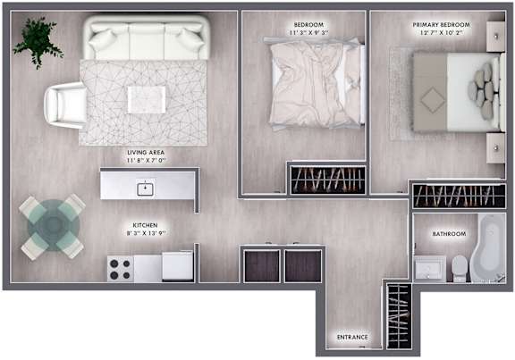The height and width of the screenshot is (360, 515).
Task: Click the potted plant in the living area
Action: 38,41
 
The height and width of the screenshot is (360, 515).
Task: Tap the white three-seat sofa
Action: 147,38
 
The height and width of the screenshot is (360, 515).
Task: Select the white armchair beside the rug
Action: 65,105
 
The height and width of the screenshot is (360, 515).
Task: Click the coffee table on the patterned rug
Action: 147,100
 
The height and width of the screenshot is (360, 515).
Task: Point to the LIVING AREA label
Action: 146,153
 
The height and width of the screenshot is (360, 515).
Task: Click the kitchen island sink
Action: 145,189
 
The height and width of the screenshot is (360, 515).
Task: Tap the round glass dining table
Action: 53,226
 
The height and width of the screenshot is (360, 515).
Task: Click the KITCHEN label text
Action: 145,225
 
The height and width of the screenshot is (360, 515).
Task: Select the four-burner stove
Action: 120,269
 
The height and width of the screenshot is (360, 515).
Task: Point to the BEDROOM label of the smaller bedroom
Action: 308,25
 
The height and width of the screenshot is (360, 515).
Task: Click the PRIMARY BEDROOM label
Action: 441,25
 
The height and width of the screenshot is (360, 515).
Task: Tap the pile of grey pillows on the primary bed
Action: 482,90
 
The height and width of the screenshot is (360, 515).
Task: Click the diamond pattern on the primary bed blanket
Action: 433,100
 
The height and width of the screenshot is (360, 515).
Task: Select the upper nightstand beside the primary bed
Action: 495,37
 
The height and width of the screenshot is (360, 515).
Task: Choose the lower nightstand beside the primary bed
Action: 495,148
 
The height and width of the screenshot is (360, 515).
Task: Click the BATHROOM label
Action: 449,234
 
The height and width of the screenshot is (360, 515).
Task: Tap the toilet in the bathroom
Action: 460,269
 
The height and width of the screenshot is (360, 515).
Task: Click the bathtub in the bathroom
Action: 488,247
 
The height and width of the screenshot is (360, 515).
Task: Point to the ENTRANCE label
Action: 352,337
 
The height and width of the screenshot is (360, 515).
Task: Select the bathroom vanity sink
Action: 430,269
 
